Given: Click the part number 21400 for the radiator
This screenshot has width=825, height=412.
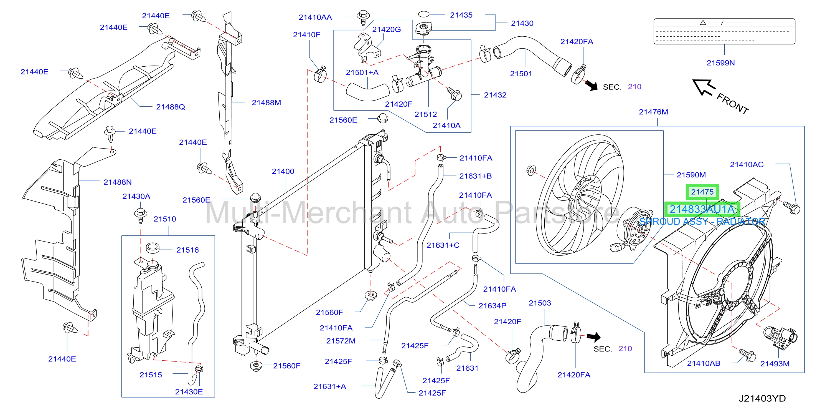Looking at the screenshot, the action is click(x=283, y=172).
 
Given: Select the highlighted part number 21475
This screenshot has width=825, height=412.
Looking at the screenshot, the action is click(x=702, y=192).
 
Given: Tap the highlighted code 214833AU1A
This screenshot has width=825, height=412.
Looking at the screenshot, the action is click(x=702, y=209).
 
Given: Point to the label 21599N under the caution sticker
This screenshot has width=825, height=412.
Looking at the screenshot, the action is click(x=721, y=63).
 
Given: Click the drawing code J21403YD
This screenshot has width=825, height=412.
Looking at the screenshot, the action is click(x=762, y=398).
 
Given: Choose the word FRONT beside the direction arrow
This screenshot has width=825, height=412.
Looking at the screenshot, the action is click(x=733, y=103).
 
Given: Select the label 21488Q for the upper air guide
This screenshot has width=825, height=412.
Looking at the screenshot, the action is click(x=170, y=107).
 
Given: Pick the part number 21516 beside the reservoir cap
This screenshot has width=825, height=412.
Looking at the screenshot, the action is click(x=187, y=250).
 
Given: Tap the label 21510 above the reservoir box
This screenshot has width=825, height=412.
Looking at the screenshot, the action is click(x=165, y=219).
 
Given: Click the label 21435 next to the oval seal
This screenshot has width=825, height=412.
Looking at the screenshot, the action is click(x=461, y=15).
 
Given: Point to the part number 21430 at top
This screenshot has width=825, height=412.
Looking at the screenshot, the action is click(x=522, y=23).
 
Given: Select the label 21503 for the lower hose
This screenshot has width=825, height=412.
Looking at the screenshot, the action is click(x=540, y=303).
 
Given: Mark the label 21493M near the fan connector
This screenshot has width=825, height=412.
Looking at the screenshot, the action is click(x=775, y=364).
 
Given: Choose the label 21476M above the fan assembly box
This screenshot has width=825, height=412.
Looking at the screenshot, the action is click(x=653, y=112).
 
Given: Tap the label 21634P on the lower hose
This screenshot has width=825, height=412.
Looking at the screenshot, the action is click(x=492, y=306).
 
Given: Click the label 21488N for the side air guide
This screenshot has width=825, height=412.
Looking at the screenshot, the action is click(x=118, y=182).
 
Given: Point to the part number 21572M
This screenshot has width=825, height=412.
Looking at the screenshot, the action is click(x=341, y=341).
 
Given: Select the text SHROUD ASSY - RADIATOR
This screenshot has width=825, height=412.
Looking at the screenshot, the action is click(x=702, y=222).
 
